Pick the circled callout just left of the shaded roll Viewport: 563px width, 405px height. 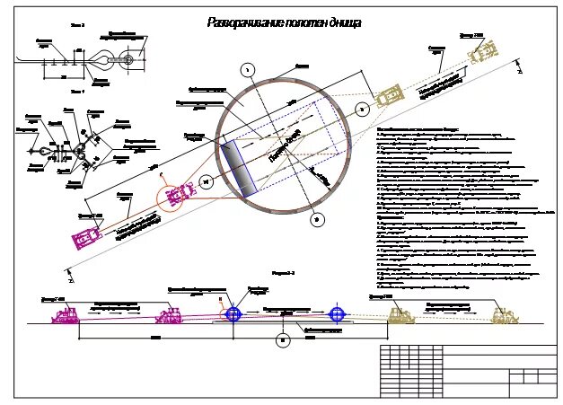tap(207, 181)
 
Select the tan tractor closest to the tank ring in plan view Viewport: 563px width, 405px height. tap(389, 97)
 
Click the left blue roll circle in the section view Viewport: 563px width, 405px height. tap(233, 313)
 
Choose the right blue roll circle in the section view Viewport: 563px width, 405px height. tap(337, 313)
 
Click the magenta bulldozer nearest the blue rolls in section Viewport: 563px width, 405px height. tap(172, 314)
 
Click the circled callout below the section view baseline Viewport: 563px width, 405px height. tap(283, 340)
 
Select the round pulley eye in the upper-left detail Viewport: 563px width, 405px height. tap(128, 60)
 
